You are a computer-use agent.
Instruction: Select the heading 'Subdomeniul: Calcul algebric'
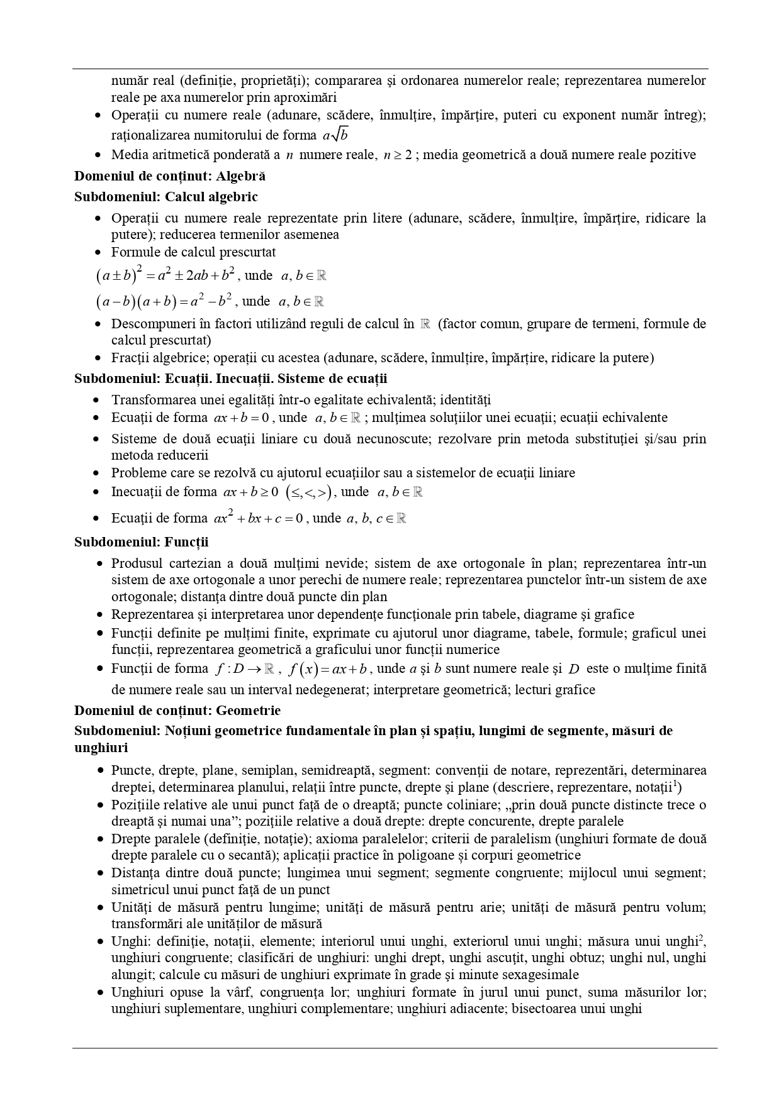click(x=166, y=196)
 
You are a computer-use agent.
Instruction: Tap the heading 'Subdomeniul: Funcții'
click(x=141, y=541)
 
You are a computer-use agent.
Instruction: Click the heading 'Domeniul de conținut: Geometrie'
click(x=177, y=710)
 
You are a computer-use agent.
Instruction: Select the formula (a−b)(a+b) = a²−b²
click(x=166, y=301)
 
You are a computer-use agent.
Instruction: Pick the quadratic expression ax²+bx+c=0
click(x=259, y=518)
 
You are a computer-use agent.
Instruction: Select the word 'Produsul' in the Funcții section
click(x=135, y=563)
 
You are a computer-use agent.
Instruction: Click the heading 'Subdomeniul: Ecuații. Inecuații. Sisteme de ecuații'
click(x=230, y=379)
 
